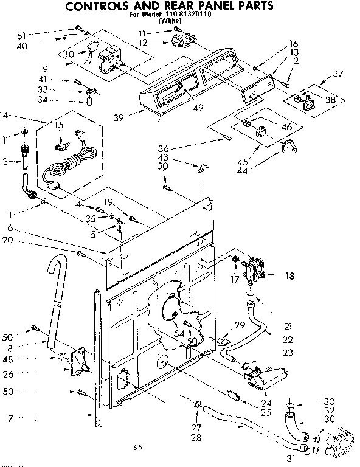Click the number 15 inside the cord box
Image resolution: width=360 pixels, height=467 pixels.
(59, 125)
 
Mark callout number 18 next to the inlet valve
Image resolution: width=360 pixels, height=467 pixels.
(289, 276)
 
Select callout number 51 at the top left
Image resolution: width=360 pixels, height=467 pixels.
(21, 35)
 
